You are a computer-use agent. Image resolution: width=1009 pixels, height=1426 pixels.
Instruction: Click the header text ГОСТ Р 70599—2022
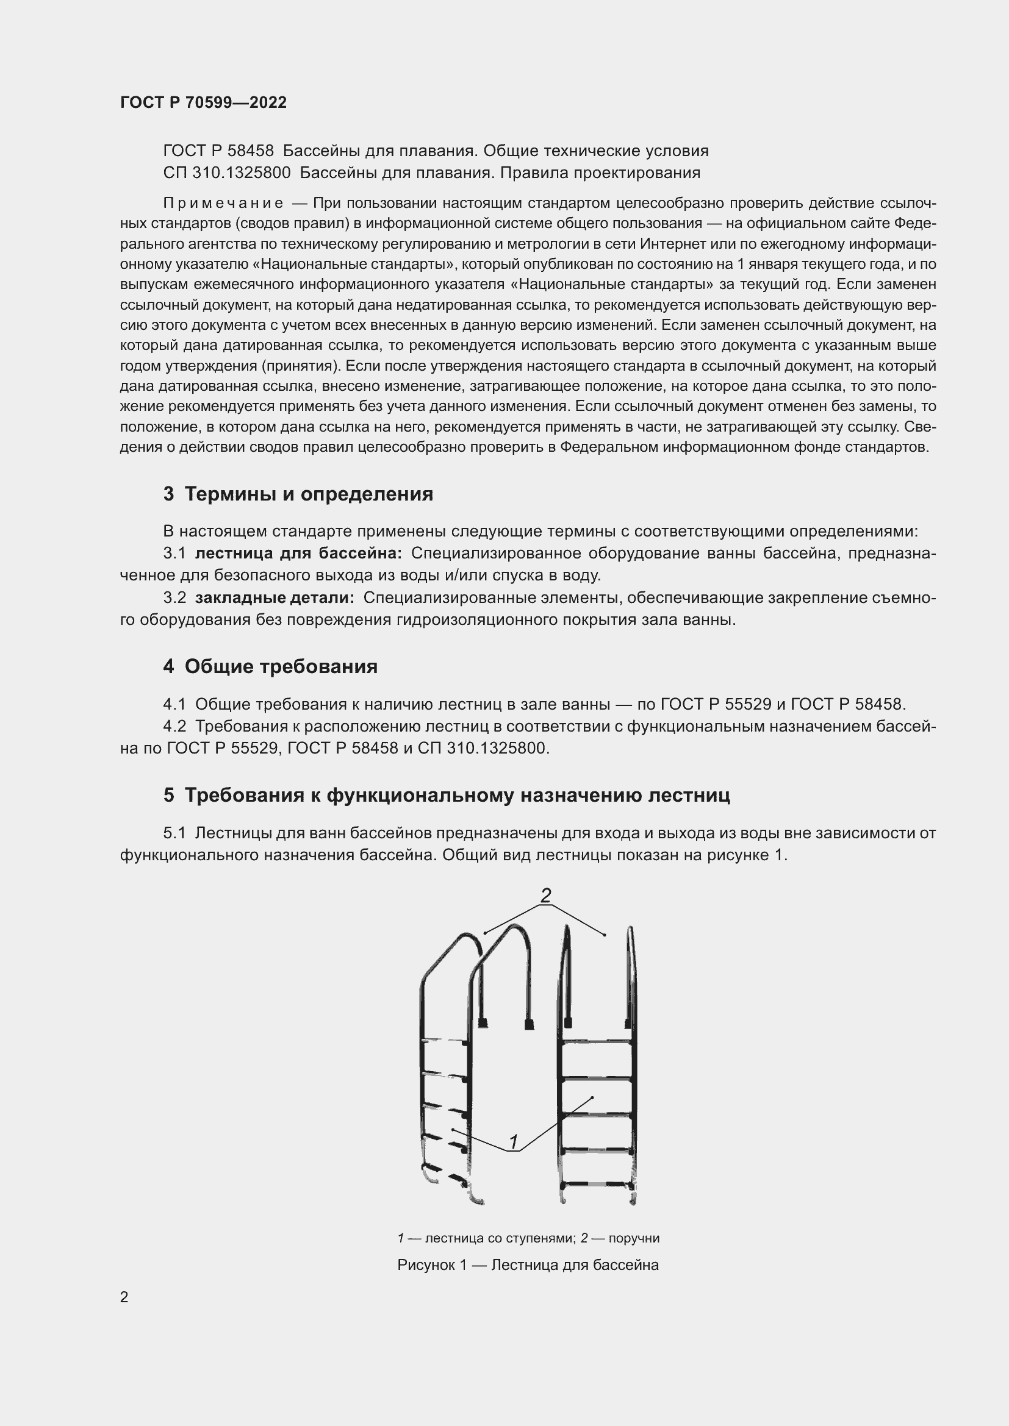point(203,102)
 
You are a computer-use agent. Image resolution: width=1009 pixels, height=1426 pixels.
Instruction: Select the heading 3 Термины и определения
point(298,494)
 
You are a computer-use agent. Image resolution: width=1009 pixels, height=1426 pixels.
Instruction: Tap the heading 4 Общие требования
point(270,666)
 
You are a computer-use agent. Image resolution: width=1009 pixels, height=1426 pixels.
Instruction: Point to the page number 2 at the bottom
point(124,1297)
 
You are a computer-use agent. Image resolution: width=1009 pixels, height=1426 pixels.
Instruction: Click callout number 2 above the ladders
point(545,895)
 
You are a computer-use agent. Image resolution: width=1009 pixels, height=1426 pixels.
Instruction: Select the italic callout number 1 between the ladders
point(514,1141)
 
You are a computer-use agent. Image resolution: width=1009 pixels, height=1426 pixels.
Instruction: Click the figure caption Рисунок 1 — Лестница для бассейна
point(528,1264)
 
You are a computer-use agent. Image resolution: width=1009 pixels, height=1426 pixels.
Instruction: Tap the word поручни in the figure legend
point(634,1238)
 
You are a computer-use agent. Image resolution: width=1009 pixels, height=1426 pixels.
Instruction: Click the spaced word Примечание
point(223,204)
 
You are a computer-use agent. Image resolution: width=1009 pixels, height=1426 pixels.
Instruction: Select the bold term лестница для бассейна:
point(298,554)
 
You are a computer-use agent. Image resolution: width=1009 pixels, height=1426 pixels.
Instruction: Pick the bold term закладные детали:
point(275,598)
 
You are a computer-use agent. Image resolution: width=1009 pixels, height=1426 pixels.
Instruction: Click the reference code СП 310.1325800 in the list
point(227,173)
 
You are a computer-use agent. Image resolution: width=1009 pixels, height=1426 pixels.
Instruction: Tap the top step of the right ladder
point(597,1041)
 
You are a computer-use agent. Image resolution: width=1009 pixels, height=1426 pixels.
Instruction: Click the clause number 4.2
point(174,726)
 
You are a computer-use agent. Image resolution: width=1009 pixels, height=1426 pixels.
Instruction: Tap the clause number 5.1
point(174,833)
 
